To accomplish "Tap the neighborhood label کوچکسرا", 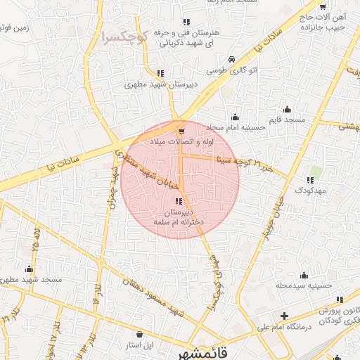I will point(123,34).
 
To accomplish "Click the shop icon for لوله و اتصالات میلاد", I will point(182,131).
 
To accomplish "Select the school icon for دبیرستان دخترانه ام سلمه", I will point(177,201).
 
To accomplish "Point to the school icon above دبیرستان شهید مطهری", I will point(160,72).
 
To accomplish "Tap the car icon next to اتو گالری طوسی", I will point(232,60).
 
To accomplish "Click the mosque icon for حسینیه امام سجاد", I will point(235,117).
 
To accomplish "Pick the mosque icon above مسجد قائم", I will point(286,109).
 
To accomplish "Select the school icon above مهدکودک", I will point(310,180).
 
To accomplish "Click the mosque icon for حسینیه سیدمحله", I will point(303,275).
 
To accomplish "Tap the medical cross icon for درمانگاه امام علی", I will point(284,316).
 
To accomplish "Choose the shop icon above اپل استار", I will point(139,334).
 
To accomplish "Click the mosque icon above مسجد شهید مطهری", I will point(29,269).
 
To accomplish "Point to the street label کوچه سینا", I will point(233,160).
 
